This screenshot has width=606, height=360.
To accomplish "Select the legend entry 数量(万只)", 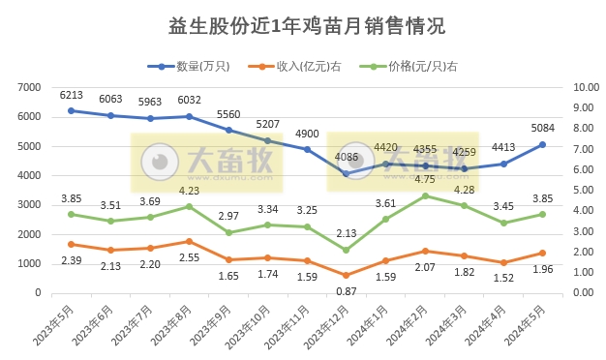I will [x=202, y=67].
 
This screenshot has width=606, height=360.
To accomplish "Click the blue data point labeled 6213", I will [x=71, y=110].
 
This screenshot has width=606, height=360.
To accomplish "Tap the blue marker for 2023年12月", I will [x=346, y=173].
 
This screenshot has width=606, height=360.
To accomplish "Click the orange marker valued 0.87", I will [x=346, y=275].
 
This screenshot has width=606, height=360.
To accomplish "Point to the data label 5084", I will [x=541, y=128].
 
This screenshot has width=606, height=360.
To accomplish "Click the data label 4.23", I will [x=189, y=191].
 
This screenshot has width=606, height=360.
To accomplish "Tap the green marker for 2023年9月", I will [x=227, y=232].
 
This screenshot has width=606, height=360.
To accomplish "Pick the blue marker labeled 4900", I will [x=306, y=150].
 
